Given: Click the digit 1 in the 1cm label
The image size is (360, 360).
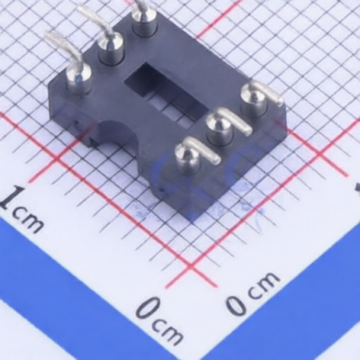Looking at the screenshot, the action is click(12, 198).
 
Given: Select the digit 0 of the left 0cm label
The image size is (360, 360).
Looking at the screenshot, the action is click(148, 309).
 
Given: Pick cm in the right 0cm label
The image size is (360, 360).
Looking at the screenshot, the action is click(264, 284).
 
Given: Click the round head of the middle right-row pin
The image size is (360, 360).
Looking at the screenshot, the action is click(220, 126).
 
